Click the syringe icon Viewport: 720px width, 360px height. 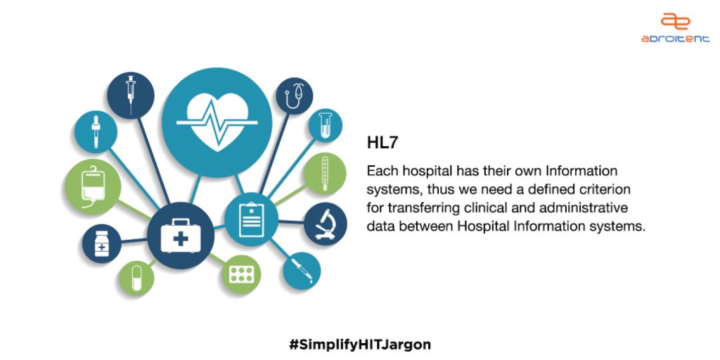pyautogui.click(x=131, y=95)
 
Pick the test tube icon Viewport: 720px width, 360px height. pyautogui.click(x=326, y=125)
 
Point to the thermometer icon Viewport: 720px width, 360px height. pyautogui.click(x=325, y=173)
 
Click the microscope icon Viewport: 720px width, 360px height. pyautogui.click(x=326, y=224)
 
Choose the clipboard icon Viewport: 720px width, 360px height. pyautogui.click(x=251, y=219)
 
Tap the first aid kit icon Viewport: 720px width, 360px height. pyautogui.click(x=181, y=236)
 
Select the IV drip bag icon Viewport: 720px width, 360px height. pyautogui.click(x=94, y=186)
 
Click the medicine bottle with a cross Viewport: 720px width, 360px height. pyautogui.click(x=101, y=244)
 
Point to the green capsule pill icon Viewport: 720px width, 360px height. pyautogui.click(x=137, y=278)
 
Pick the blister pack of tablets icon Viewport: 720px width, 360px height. pyautogui.click(x=242, y=275)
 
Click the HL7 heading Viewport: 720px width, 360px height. pyautogui.click(x=382, y=143)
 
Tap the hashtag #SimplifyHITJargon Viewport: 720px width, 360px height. pyautogui.click(x=360, y=345)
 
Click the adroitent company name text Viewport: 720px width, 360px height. pyautogui.click(x=675, y=39)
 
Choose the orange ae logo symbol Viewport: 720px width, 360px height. pyautogui.click(x=675, y=20)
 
